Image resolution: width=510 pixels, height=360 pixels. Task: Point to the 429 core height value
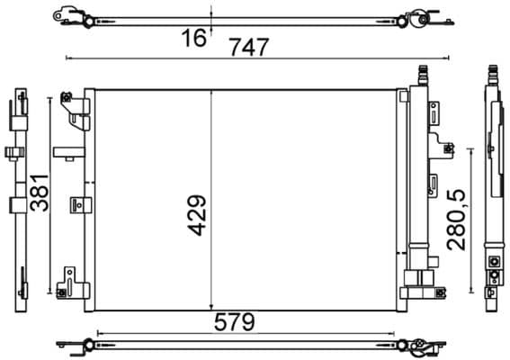[196, 216]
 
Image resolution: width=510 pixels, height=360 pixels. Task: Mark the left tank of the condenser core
[89, 198]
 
